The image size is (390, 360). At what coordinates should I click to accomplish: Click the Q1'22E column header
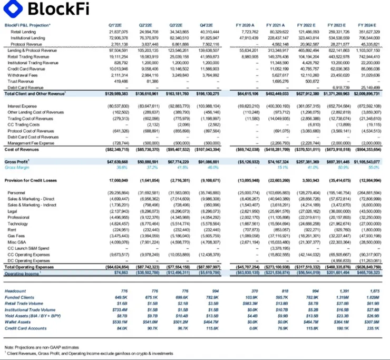pyautogui.click(x=115, y=25)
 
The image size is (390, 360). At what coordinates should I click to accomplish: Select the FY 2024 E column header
pyautogui.click(x=367, y=25)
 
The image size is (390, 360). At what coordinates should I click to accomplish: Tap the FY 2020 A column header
pyautogui.click(x=246, y=25)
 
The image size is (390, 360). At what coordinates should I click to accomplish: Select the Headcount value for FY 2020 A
pyautogui.click(x=254, y=291)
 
